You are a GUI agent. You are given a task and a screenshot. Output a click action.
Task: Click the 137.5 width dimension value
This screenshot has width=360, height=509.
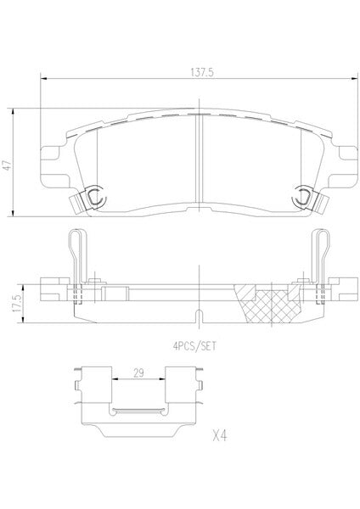pos(202,72)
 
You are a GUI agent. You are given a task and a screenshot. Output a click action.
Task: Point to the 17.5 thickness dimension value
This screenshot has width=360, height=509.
pos(17,304)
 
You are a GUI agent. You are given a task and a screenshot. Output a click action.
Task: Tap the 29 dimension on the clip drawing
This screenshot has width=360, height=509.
pos(138,372)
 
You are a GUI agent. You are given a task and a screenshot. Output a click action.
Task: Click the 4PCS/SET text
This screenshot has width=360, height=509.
pos(194,346)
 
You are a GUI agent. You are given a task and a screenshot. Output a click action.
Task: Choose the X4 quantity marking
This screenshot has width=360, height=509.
pos(220,436)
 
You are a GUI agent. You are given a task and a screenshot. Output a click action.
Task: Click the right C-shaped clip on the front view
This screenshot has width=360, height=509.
pos(301,196)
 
